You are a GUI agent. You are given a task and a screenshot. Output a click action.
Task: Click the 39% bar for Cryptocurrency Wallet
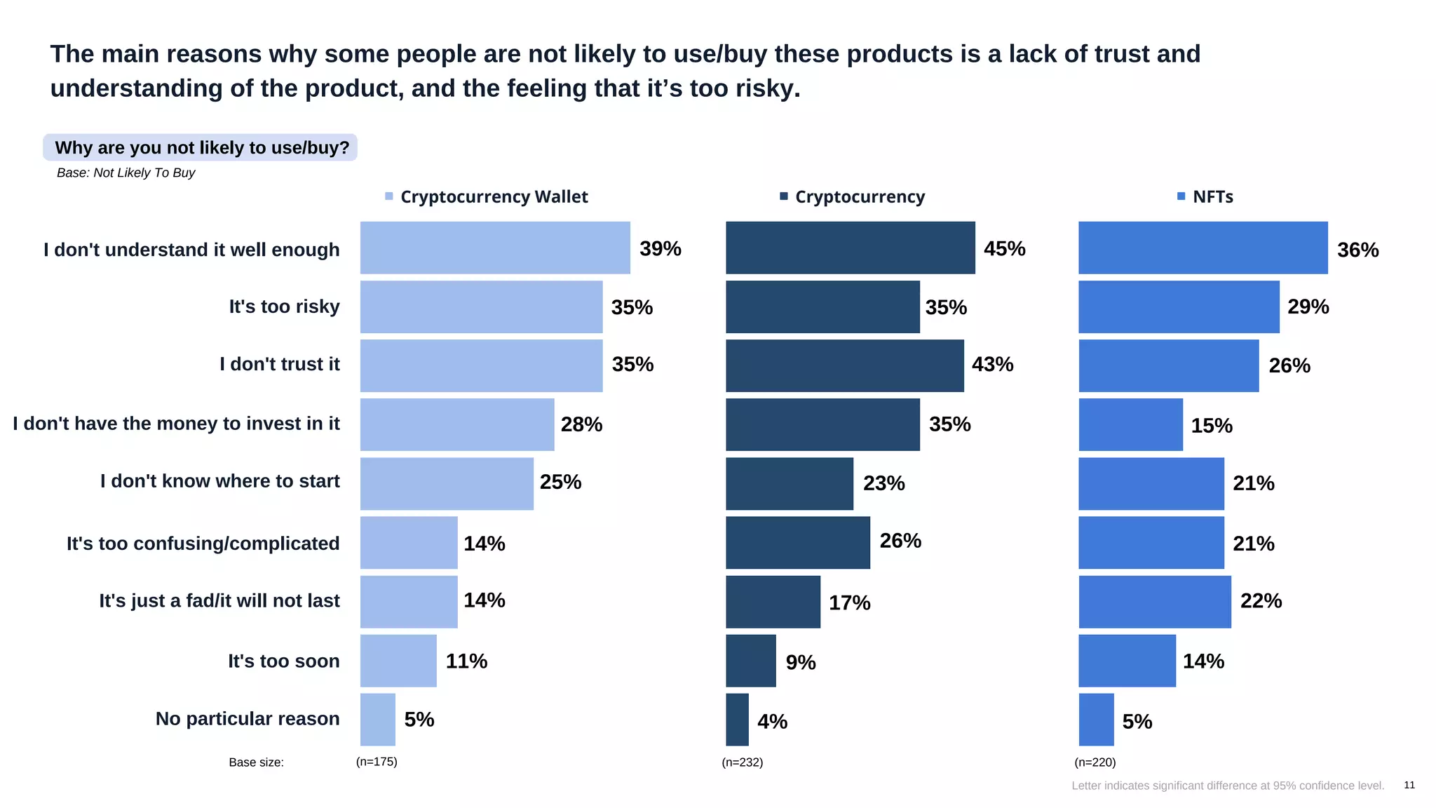[x=495, y=248]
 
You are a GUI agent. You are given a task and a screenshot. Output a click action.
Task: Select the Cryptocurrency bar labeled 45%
[x=850, y=248]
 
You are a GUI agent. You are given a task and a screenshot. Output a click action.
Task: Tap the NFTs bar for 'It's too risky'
[x=1179, y=307]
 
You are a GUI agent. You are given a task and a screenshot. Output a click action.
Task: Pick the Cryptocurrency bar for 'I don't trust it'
[x=844, y=365]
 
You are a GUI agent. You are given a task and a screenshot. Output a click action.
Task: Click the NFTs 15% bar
[x=1130, y=424]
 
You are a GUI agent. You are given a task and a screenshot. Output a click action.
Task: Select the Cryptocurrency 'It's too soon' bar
[x=750, y=661]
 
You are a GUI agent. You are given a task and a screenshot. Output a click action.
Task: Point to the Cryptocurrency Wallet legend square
[x=389, y=196]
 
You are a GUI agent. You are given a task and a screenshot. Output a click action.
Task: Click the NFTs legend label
[x=1212, y=197]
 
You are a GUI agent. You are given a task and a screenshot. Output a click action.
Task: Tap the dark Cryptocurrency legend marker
[x=784, y=196]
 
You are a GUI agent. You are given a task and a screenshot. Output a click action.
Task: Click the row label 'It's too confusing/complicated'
[x=203, y=544]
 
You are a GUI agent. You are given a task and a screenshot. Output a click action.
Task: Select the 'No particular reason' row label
[x=247, y=719]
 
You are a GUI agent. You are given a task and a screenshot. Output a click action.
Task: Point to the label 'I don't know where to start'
[x=219, y=481]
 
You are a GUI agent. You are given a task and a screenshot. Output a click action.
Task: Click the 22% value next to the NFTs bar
[x=1261, y=601]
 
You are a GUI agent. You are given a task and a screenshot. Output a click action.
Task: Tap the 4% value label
[x=772, y=722]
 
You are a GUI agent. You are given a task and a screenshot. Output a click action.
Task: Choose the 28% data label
[x=581, y=424]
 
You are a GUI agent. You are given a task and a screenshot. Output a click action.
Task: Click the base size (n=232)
[x=742, y=762]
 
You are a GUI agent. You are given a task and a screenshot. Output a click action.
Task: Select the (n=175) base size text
[x=377, y=762]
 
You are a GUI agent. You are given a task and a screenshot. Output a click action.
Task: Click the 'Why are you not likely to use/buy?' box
[x=201, y=148]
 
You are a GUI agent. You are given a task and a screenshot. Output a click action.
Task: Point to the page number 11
[x=1409, y=785]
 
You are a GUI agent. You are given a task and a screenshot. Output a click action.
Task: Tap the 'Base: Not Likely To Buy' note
[x=126, y=173]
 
